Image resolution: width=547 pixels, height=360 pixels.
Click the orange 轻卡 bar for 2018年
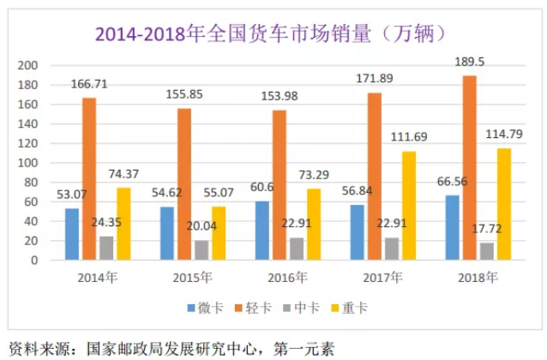pyautogui.click(x=469, y=167)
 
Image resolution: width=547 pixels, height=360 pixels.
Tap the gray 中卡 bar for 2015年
pyautogui.click(x=202, y=249)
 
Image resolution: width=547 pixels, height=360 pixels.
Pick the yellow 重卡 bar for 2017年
pyautogui.click(x=408, y=206)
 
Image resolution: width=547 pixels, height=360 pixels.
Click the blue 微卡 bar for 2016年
pyautogui.click(x=261, y=231)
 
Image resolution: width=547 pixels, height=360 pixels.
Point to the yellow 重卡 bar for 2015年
pyautogui.click(x=219, y=233)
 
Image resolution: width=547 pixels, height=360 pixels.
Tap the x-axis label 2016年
pyautogui.click(x=286, y=277)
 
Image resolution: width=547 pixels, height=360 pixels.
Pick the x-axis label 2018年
pyautogui.click(x=478, y=277)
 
